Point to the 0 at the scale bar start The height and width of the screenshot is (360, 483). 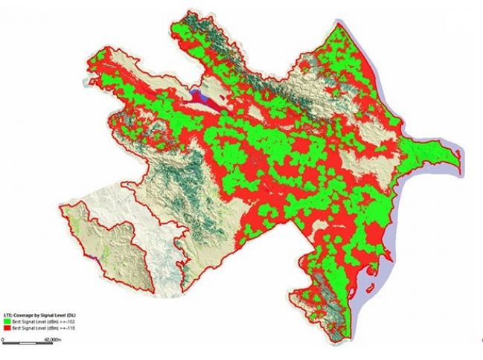click(x=4, y=338)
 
